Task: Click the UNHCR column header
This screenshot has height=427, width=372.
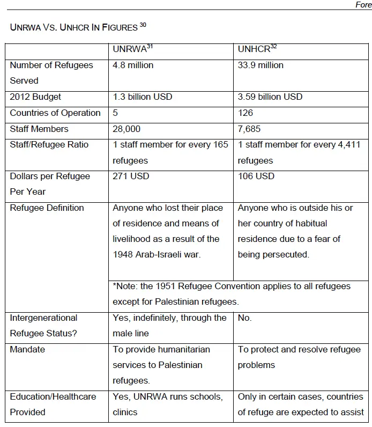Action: tap(255, 49)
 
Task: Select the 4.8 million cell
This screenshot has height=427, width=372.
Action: tap(133, 65)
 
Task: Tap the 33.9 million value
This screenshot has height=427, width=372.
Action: tap(261, 65)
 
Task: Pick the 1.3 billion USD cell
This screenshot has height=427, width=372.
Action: tap(143, 97)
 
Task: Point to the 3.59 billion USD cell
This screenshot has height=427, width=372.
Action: tap(270, 97)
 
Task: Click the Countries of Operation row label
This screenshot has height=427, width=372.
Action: tap(55, 113)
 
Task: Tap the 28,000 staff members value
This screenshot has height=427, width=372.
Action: tap(127, 129)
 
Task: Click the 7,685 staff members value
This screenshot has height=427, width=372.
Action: tap(249, 129)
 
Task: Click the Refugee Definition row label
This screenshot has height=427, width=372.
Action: tap(47, 208)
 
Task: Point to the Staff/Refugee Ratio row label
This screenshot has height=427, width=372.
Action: tap(49, 145)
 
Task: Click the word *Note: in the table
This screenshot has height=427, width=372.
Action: tap(125, 286)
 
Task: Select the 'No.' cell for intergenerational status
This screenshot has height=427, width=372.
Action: tap(245, 318)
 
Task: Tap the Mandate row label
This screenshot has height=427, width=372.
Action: tap(27, 349)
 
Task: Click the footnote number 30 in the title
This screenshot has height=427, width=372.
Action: tap(143, 25)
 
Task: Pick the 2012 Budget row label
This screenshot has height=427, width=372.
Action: tap(35, 97)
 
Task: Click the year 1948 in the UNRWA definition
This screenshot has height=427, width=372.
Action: tap(123, 254)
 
